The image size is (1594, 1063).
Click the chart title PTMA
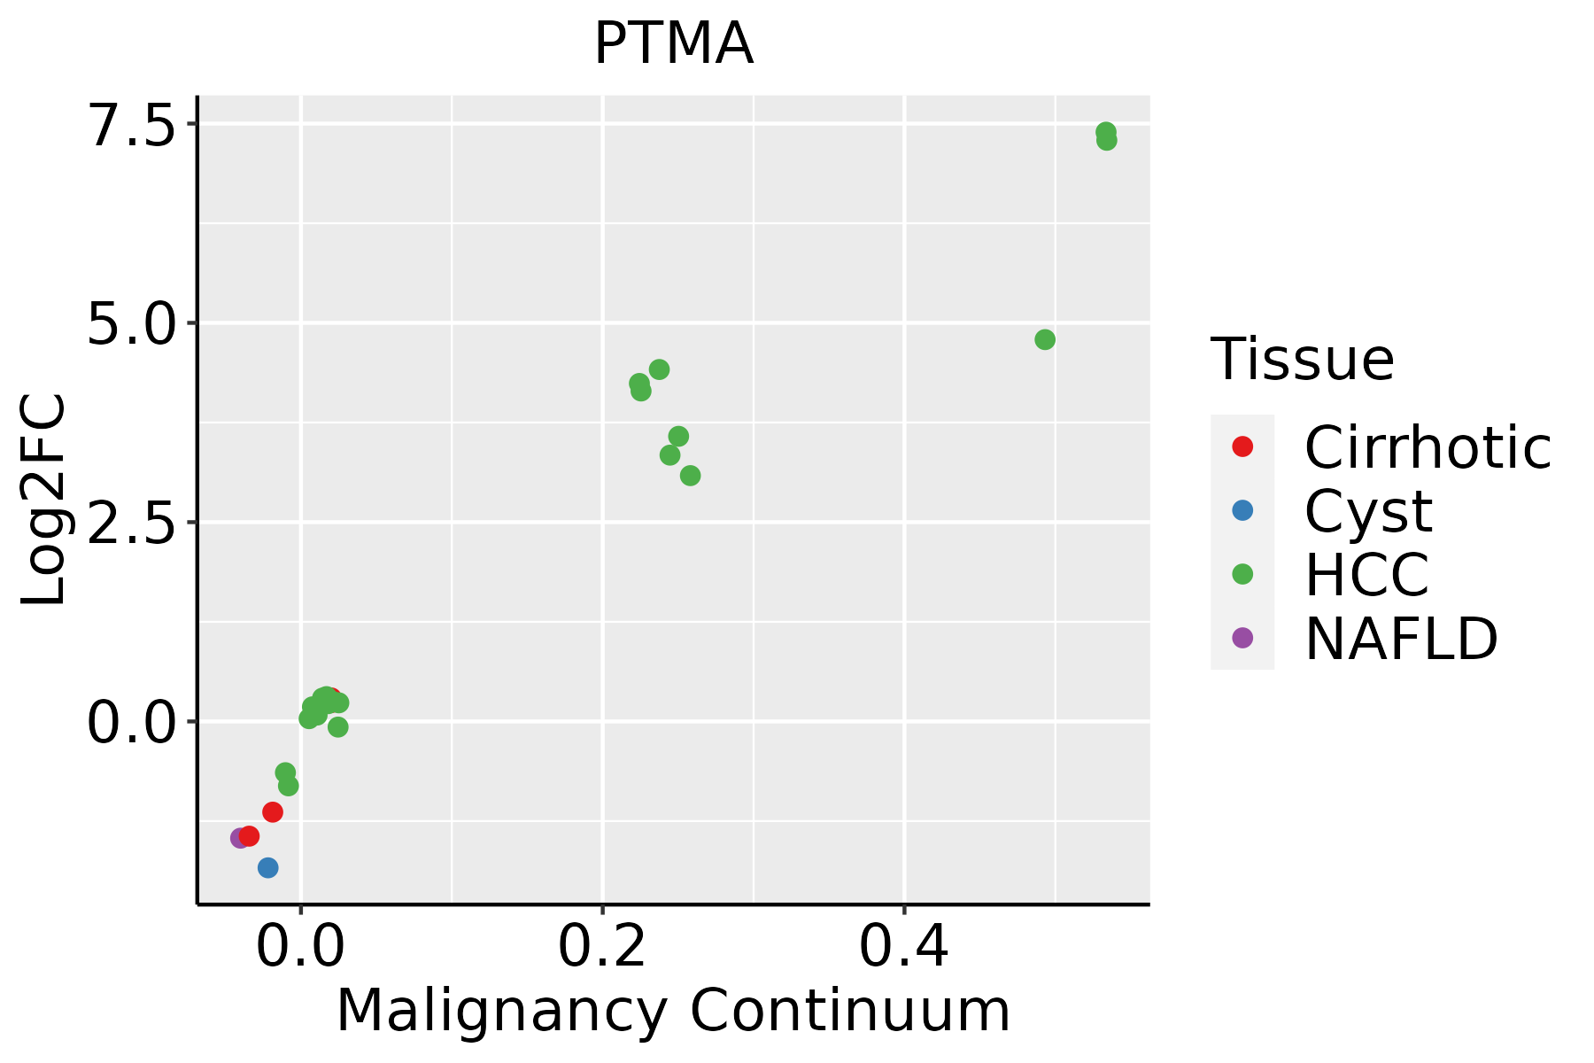click(673, 44)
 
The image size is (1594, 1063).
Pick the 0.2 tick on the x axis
click(602, 947)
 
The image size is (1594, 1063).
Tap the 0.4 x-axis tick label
click(904, 947)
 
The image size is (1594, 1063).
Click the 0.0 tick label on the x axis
click(300, 947)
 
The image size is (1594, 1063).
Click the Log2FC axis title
click(44, 500)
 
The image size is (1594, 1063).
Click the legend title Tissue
click(1302, 360)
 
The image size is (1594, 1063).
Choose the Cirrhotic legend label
click(1428, 447)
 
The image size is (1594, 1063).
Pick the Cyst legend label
click(1368, 511)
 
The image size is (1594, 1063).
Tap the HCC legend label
click(1366, 575)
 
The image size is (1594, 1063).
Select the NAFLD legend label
click(1401, 639)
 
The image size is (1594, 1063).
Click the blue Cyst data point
click(268, 867)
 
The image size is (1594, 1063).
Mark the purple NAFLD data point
click(239, 838)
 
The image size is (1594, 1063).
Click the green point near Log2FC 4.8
click(1045, 340)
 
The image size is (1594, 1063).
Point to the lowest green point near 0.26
click(690, 476)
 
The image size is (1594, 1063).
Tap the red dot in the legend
click(1242, 446)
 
